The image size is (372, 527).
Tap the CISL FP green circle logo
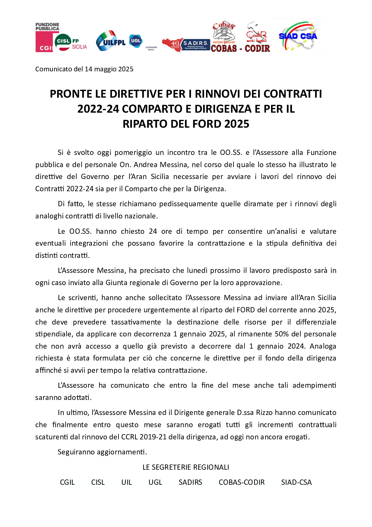[x=63, y=42]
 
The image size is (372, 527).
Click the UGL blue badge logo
[x=136, y=41]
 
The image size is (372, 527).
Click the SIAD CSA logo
[x=298, y=36]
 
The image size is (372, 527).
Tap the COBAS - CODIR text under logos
[x=240, y=49]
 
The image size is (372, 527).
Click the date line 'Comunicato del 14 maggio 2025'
[x=84, y=69]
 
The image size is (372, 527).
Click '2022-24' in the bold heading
[x=98, y=109]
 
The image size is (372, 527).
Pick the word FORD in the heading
[x=207, y=124]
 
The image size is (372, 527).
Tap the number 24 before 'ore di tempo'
[x=153, y=231]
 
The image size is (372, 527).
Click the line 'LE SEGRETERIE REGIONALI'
[x=186, y=467]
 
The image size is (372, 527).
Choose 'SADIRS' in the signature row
[x=190, y=482]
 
